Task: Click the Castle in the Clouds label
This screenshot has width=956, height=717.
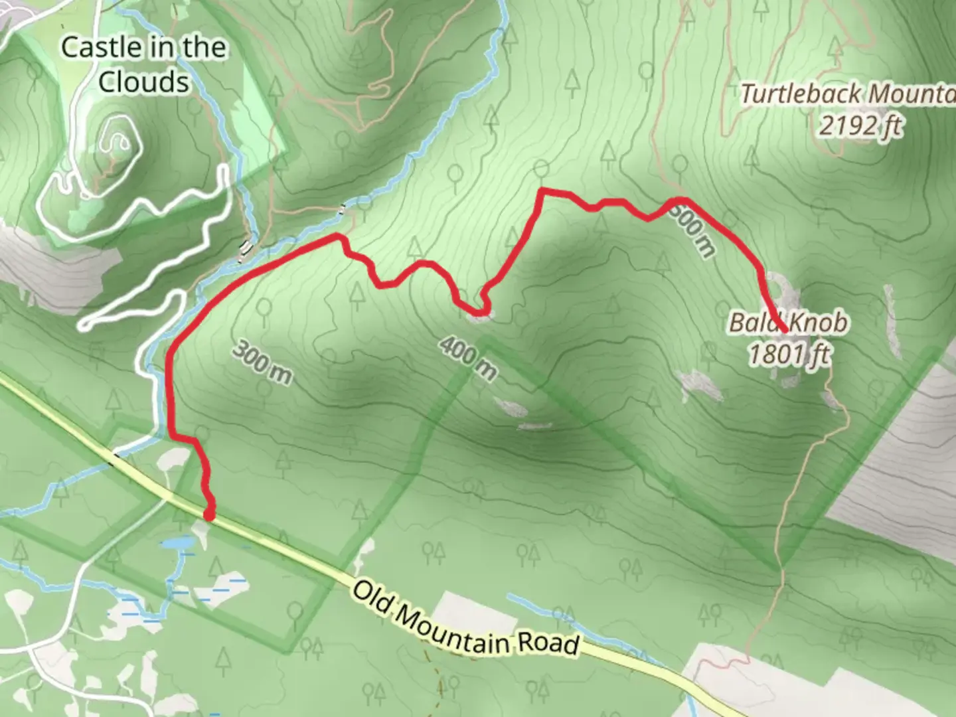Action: [143, 64]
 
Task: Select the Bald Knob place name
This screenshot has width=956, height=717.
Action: [789, 323]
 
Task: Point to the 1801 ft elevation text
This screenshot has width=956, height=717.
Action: [789, 355]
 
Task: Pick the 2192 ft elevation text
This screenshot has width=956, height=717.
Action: [860, 125]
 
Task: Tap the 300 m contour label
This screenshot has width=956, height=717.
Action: [262, 363]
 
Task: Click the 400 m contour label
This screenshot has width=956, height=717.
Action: [468, 358]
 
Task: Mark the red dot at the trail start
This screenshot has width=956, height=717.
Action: [209, 515]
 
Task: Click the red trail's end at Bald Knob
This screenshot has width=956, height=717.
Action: [785, 329]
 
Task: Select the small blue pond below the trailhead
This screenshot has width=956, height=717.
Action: [178, 544]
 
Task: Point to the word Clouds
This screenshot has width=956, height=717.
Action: [143, 82]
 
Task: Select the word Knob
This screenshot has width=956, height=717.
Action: [819, 323]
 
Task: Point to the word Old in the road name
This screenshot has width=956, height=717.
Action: [372, 596]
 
